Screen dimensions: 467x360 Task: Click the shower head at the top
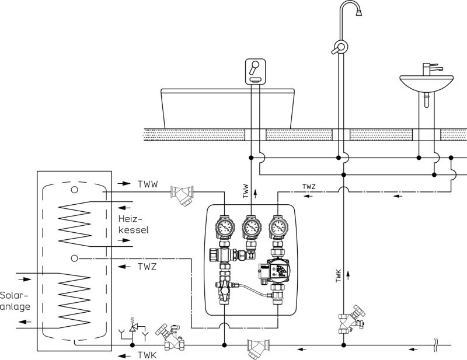click(359, 12)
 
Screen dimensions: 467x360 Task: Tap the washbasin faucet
click(431, 69)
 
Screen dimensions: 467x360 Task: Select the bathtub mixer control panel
click(255, 71)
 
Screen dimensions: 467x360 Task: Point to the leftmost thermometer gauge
click(225, 227)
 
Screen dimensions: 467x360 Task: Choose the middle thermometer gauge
click(252, 227)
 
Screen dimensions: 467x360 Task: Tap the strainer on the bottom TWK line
click(258, 348)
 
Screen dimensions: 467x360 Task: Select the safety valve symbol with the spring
click(133, 327)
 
